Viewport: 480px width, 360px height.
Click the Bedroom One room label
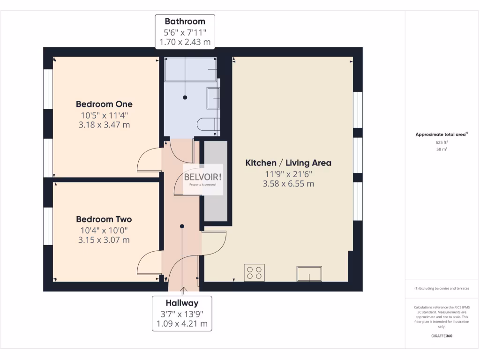tap(104, 104)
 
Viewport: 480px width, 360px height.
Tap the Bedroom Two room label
tap(104, 219)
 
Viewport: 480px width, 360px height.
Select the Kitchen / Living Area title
tap(288, 163)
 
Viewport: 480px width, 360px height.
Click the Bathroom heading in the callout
tap(185, 22)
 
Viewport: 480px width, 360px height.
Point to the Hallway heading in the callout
tap(181, 303)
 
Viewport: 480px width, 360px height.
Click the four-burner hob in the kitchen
tap(254, 273)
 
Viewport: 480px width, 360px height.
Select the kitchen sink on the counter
tap(309, 273)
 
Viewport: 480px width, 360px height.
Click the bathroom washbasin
tap(214, 98)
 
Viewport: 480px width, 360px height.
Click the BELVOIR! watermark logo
tap(203, 178)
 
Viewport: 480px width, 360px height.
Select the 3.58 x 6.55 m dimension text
tap(288, 184)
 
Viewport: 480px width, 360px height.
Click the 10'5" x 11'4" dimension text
tap(104, 115)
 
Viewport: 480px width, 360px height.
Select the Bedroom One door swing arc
tap(149, 159)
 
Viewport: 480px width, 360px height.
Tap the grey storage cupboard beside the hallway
tap(215, 180)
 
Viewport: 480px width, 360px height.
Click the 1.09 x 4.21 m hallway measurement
tap(181, 323)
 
